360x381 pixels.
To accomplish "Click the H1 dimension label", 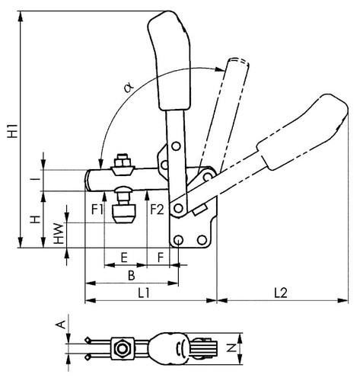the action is click(x=12, y=131).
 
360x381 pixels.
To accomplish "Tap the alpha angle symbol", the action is click(x=129, y=88).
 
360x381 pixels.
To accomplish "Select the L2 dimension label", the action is click(x=281, y=293).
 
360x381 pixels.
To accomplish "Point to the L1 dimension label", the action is click(x=144, y=293).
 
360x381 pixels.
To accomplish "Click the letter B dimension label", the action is click(x=131, y=276).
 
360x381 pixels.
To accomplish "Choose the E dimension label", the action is click(x=124, y=258).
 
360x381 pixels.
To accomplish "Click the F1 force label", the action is click(x=97, y=210).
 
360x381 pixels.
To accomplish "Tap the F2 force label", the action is click(x=157, y=210).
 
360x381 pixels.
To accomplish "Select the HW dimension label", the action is click(x=59, y=234).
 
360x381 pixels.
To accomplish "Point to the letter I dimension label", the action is click(x=37, y=180).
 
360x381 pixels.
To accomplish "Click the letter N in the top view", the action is click(x=231, y=347).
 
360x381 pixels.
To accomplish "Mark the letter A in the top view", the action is click(x=60, y=324).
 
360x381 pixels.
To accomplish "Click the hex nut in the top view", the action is click(x=123, y=348).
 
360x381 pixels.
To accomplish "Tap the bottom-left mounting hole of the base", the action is click(x=179, y=239).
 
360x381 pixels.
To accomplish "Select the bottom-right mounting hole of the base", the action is click(x=202, y=239).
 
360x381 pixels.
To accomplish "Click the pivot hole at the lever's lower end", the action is click(x=179, y=208).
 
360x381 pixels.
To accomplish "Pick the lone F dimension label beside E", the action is click(x=161, y=258).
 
